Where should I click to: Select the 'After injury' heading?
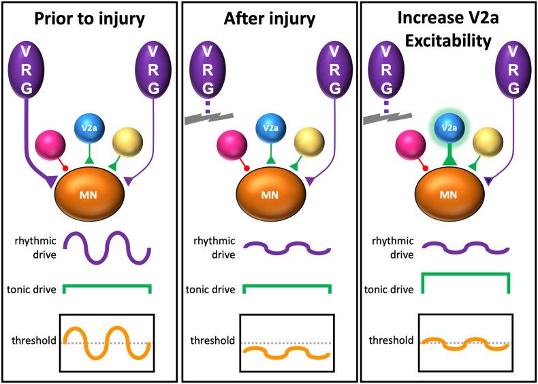[269, 18]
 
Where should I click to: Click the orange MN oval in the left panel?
[89, 192]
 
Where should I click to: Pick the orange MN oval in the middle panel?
[268, 192]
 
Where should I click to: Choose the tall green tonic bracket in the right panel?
[465, 276]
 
